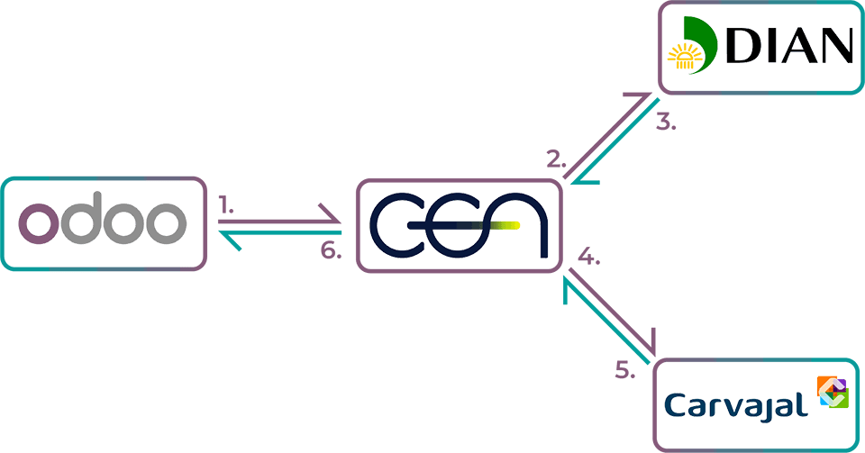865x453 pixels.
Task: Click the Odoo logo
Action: [102, 224]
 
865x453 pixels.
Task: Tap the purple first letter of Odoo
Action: [38, 224]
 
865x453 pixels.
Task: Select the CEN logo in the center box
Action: [457, 225]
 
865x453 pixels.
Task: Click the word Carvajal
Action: [734, 404]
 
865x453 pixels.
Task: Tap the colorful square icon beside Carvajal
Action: [833, 394]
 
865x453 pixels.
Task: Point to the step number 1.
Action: [226, 206]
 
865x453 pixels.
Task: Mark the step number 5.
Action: [625, 370]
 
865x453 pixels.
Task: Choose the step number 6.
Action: [332, 251]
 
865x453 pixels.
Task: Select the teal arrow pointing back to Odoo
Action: [279, 234]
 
